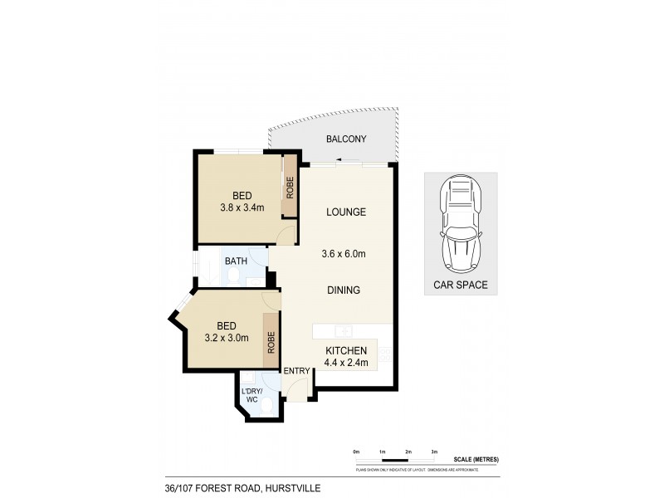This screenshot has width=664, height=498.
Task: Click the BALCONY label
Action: coord(347,139)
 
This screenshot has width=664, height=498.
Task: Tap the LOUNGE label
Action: coord(347,212)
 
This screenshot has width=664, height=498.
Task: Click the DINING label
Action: coord(343,290)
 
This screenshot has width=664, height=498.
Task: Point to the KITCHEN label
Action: coord(346,352)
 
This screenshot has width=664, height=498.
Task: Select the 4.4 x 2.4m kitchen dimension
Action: coord(345,364)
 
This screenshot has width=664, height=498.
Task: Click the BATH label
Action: coord(237,261)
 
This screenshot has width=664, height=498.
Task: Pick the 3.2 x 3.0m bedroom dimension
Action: coord(227,338)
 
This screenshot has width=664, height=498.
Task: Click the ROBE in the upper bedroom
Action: coord(290,187)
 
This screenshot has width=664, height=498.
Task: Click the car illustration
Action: coord(461,222)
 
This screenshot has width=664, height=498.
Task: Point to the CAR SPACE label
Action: coord(461,285)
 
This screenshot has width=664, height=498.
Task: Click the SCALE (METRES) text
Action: coord(476,459)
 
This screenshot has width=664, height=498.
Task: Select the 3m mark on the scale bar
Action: coord(434,452)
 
